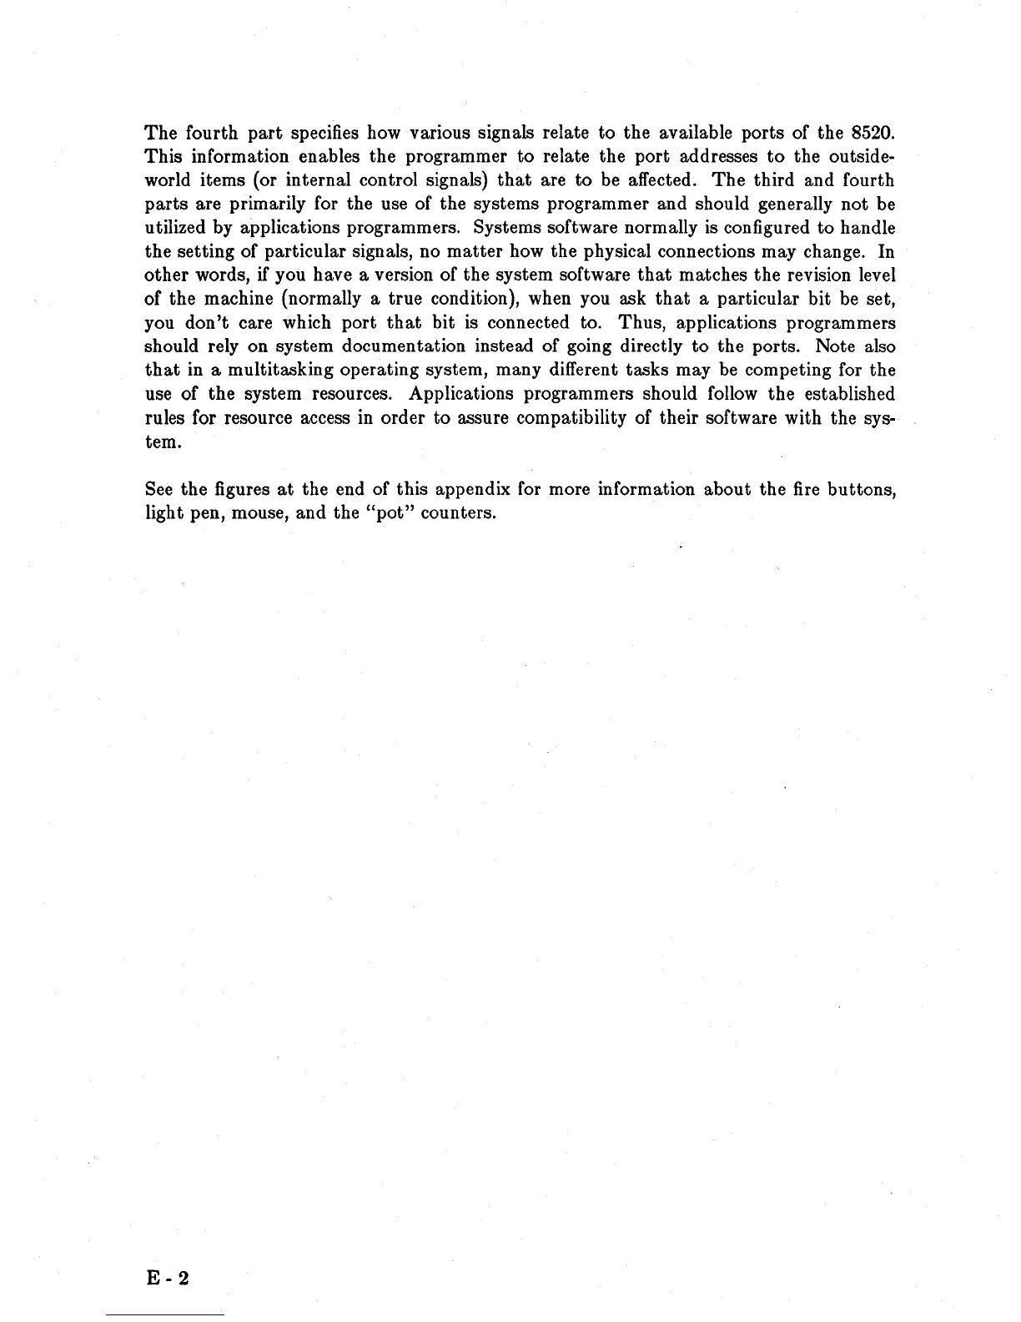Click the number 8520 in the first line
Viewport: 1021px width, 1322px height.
(x=870, y=133)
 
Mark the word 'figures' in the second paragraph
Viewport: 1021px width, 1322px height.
(x=239, y=489)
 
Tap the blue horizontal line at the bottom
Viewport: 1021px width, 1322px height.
(x=165, y=1314)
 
